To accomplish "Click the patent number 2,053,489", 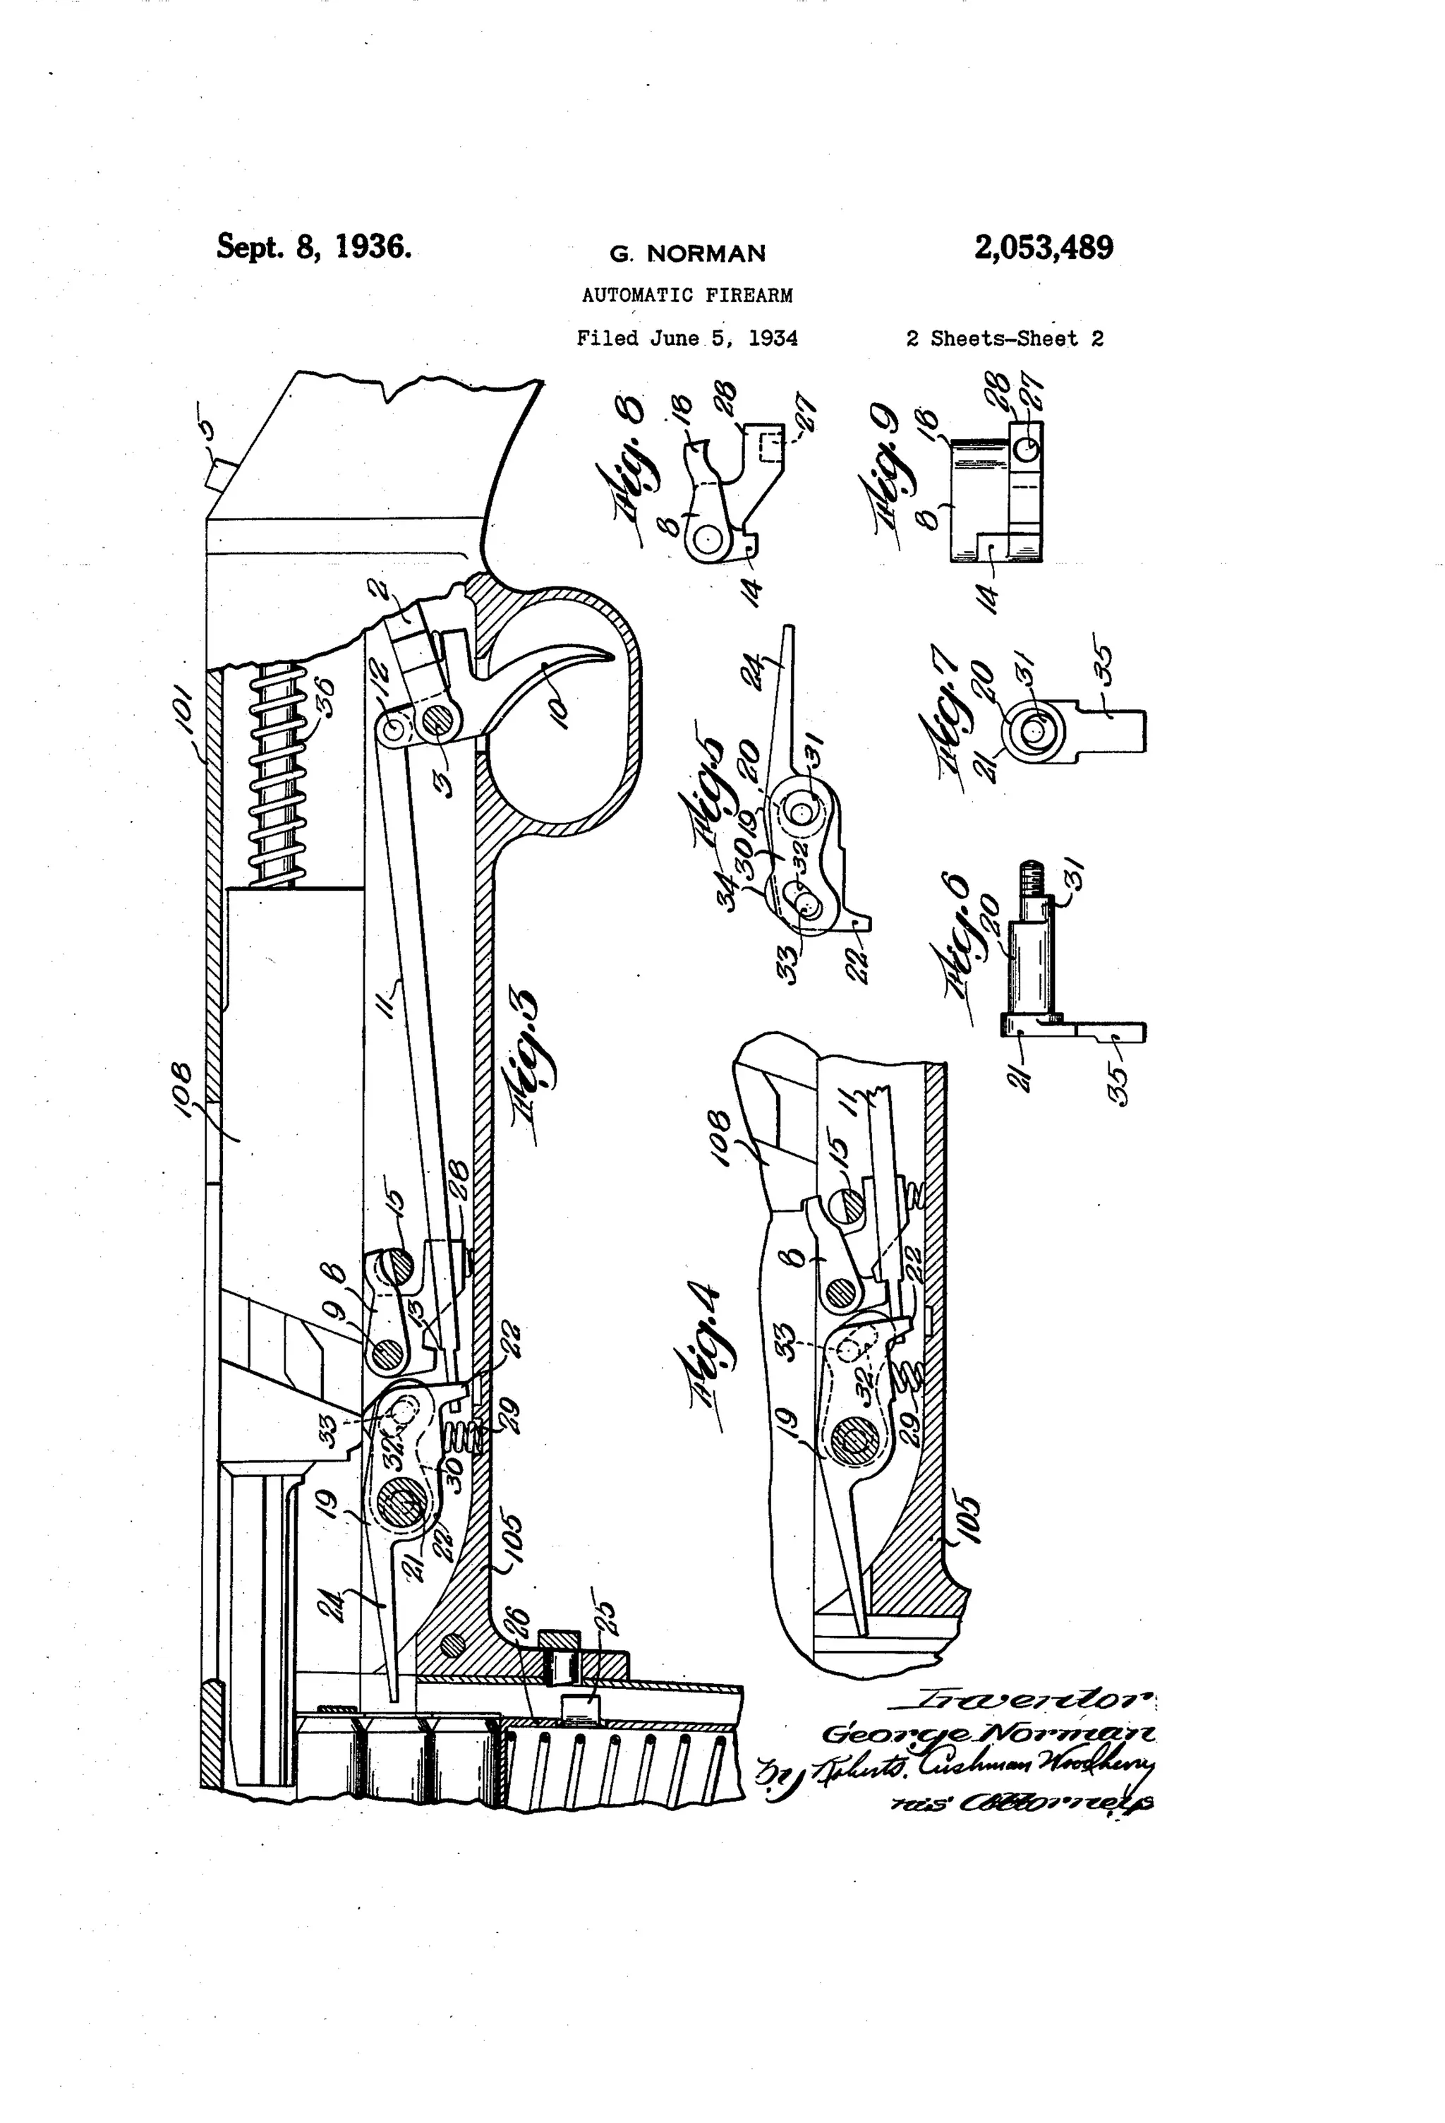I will pos(1043,248).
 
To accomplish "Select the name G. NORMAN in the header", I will pos(687,254).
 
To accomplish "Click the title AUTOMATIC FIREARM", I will pos(687,296).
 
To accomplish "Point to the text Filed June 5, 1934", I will pos(687,339).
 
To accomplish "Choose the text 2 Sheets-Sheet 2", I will pos(1004,339).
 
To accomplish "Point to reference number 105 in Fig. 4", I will pos(965,1517).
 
